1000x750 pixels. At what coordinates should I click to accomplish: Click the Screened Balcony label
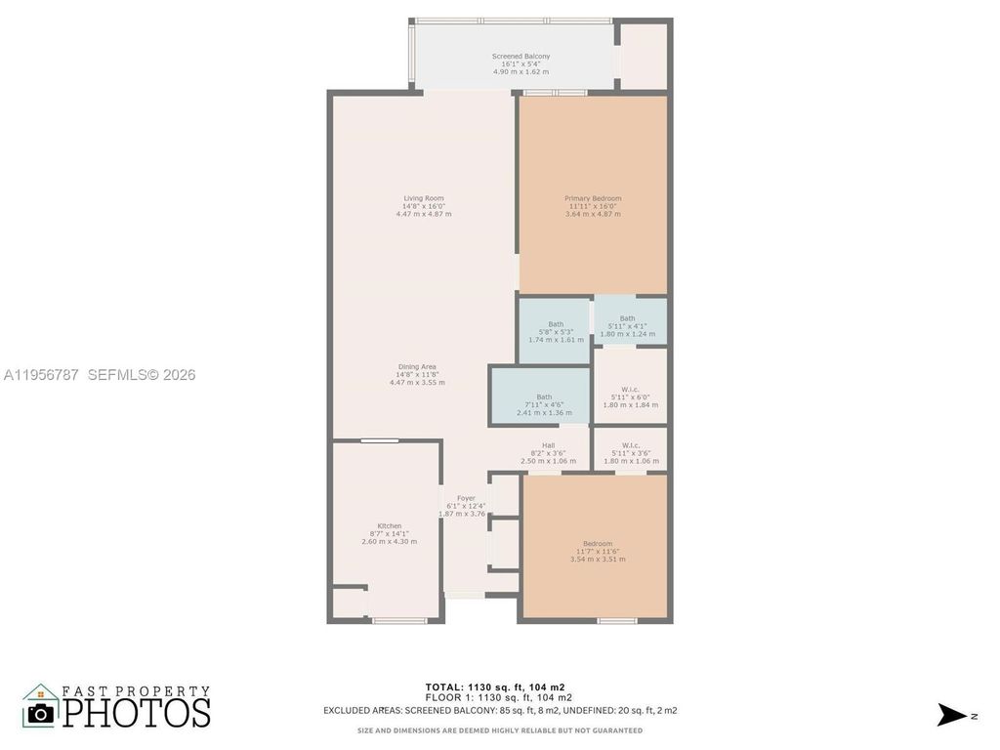click(x=520, y=58)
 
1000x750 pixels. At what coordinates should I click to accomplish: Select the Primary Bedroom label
click(x=592, y=199)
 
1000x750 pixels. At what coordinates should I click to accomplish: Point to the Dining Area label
click(x=416, y=367)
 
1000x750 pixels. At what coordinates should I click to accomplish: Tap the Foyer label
click(x=466, y=498)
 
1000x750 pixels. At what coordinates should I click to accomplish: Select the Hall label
click(x=548, y=446)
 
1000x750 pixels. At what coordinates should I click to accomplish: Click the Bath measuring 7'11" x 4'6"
click(x=544, y=397)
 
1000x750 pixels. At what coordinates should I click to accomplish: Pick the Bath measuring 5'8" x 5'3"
click(x=556, y=324)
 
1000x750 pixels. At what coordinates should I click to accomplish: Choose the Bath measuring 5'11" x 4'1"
click(x=627, y=318)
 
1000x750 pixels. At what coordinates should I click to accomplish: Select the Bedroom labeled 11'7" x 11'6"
click(x=598, y=544)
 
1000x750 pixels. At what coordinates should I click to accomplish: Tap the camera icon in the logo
click(x=41, y=713)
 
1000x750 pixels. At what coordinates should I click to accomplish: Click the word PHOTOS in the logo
click(x=137, y=711)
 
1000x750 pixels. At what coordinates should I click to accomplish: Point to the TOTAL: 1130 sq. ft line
click(x=499, y=687)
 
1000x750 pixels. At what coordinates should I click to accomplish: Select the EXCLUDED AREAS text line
click(x=499, y=710)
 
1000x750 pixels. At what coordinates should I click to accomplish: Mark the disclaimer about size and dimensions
click(x=499, y=730)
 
